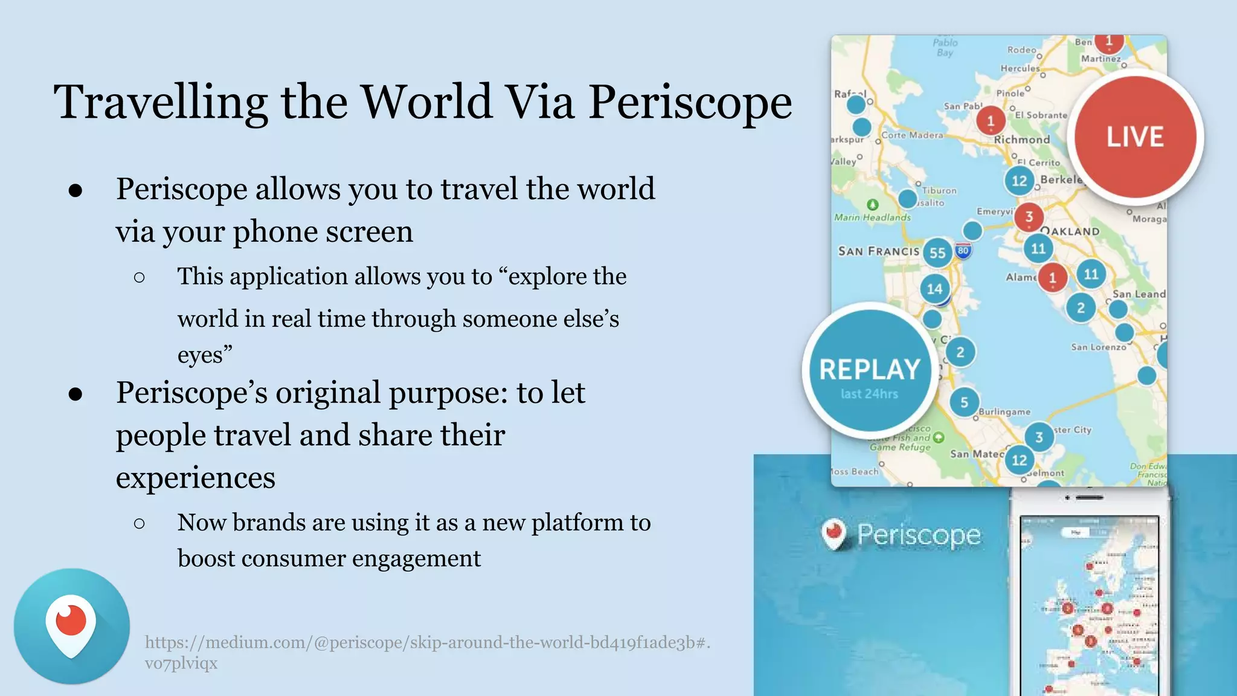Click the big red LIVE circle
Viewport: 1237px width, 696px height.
1135,137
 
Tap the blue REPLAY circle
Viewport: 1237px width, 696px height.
870,370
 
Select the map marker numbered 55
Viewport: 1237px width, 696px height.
937,253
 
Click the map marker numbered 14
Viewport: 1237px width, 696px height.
934,289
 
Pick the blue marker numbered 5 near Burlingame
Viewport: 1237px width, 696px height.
964,402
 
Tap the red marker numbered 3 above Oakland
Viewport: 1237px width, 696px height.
1029,216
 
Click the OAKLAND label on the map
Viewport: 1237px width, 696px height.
1071,231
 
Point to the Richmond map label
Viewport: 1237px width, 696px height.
1022,140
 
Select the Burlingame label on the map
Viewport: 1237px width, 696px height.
1004,412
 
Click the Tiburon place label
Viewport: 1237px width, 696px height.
939,190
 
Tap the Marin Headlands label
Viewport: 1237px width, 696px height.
872,217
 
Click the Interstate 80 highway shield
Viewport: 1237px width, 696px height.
963,251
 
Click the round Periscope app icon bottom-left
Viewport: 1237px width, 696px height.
72,626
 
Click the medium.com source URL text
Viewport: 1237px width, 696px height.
427,642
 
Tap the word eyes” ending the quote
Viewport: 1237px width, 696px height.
205,355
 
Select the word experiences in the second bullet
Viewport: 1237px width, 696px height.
195,477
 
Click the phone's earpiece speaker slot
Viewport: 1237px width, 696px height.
1090,497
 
